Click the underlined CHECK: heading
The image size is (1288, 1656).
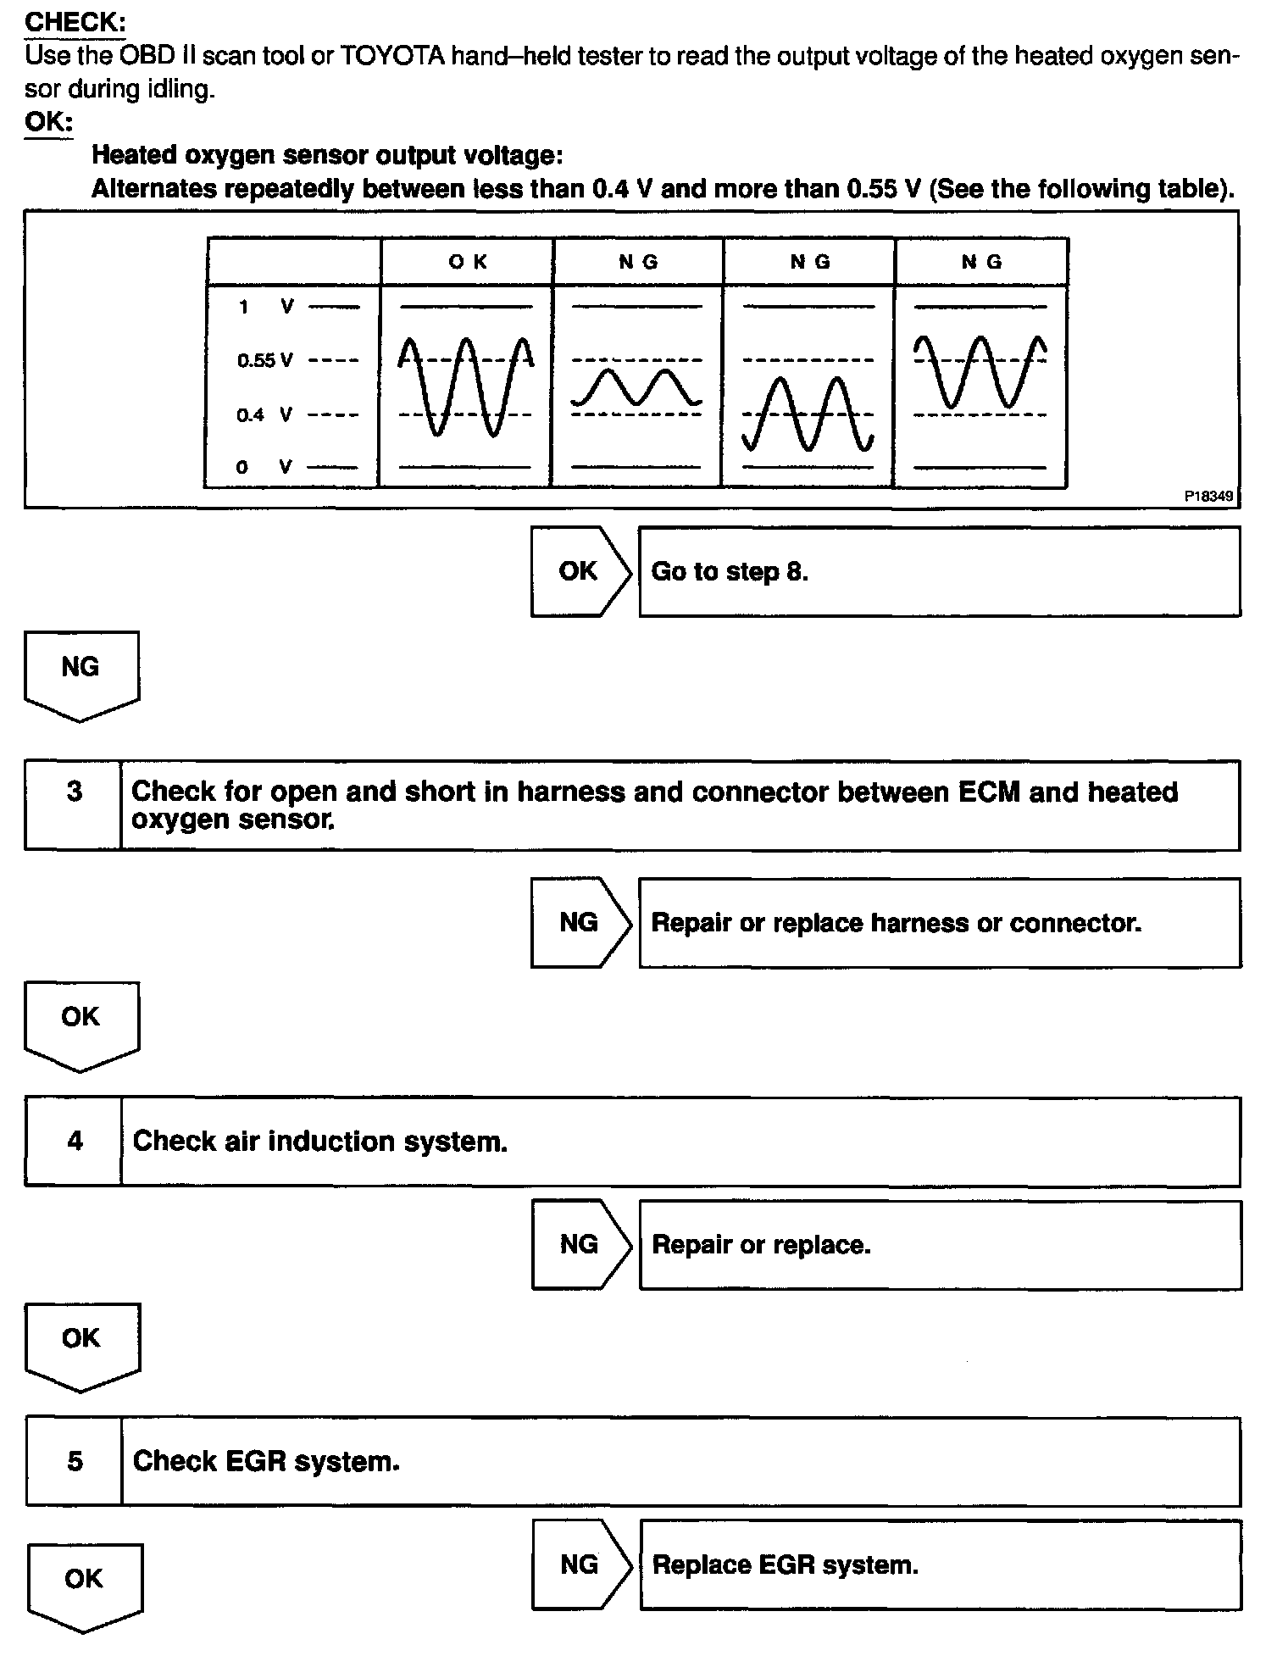(75, 22)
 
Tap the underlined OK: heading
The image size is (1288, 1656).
(48, 122)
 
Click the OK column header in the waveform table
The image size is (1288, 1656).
(468, 262)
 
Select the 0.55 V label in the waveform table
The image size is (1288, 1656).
(264, 361)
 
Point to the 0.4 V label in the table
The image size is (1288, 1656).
(264, 415)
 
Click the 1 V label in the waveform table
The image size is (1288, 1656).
(264, 307)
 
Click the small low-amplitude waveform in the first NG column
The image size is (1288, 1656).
(636, 387)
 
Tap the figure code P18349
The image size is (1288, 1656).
(1208, 497)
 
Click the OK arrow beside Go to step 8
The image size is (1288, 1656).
(580, 571)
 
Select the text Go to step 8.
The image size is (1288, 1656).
(730, 572)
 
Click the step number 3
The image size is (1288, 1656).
(75, 792)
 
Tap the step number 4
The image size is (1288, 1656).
(75, 1141)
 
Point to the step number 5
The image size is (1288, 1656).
(75, 1461)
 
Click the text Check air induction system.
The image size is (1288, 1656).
(320, 1142)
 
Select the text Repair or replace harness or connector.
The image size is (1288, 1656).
(896, 923)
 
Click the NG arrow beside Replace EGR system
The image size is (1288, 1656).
(580, 1564)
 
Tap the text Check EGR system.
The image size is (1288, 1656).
(266, 1462)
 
